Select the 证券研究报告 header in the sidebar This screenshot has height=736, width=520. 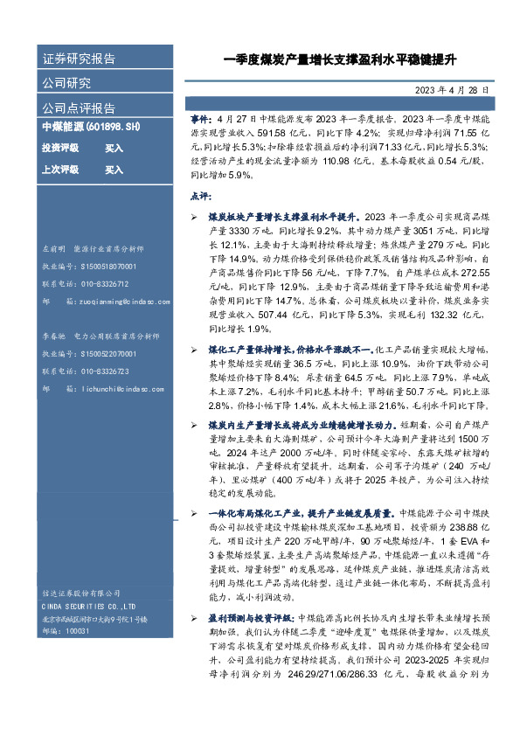(79, 59)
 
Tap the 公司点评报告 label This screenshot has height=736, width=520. (79, 108)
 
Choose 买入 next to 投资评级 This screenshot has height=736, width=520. (114, 149)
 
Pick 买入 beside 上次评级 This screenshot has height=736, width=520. (114, 170)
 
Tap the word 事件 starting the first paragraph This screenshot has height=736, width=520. (199, 115)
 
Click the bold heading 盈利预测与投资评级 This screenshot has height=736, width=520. (249, 618)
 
